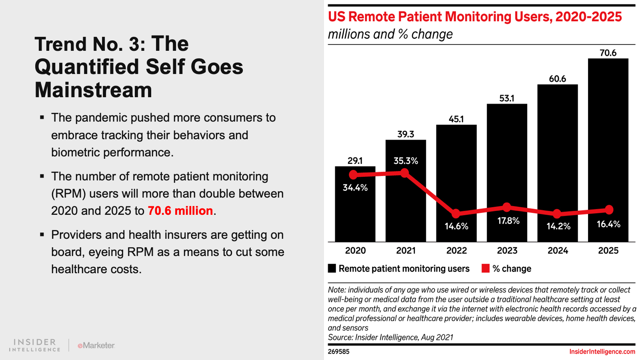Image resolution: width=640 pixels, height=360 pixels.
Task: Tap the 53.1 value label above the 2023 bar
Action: point(507,98)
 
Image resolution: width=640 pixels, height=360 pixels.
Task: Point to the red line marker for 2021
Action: point(405,173)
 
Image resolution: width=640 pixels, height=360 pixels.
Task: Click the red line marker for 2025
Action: point(609,210)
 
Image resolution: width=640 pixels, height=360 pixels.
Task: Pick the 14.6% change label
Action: point(456,226)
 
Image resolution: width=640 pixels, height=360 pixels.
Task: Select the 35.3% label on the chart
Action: point(406,161)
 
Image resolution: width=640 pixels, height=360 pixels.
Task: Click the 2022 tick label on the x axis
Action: point(456,251)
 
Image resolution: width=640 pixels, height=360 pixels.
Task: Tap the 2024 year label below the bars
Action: point(558,251)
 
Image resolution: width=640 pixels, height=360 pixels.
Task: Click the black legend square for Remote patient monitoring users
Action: point(332,268)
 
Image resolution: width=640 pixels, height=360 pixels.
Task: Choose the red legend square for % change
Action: point(486,268)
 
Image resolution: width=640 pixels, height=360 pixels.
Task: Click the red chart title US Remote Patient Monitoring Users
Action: point(475,17)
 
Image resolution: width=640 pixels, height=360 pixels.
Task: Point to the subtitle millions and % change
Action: point(390,34)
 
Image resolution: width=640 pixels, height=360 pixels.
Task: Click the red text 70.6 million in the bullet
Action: point(180,211)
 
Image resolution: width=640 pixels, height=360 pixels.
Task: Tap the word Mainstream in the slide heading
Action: point(93,90)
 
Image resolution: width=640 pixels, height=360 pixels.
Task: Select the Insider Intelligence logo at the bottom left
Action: point(35,345)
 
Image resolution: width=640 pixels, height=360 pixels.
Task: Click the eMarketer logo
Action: point(96,345)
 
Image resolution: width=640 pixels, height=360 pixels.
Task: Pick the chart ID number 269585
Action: point(338,352)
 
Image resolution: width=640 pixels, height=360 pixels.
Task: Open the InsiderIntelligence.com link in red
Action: point(602,352)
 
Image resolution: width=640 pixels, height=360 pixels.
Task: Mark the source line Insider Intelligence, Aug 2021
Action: point(390,337)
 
